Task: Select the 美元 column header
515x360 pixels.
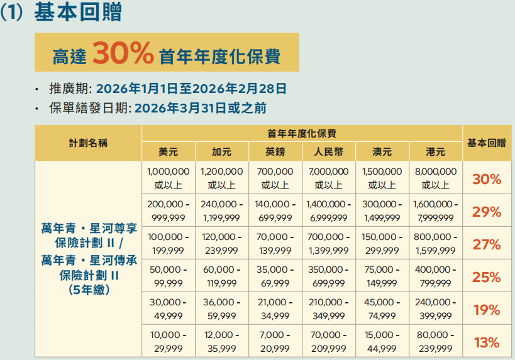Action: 169,151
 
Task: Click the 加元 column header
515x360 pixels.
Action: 221,151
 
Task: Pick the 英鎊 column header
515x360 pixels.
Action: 275,151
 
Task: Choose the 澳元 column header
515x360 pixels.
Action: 382,151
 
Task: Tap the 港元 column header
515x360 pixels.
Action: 435,151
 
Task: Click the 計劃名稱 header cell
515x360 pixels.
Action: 88,143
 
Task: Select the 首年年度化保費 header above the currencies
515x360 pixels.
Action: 302,133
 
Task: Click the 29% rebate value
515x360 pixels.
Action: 486,212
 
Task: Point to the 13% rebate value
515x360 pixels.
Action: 486,342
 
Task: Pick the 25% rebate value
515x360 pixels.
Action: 486,277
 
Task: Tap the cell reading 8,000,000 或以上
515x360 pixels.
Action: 435,178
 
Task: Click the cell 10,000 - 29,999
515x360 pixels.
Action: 168,342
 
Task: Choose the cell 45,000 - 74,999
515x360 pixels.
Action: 382,309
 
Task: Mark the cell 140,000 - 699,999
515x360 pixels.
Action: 275,211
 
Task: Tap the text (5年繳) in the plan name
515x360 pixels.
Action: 88,290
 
